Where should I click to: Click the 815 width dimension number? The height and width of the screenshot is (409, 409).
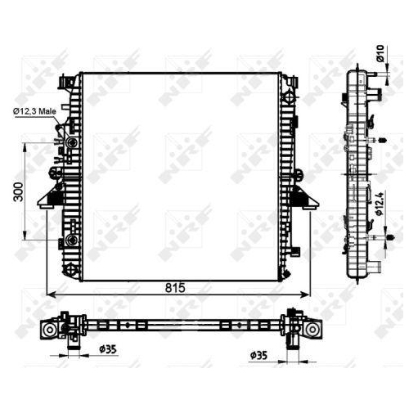click(x=175, y=288)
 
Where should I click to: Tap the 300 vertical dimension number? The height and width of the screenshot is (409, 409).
click(x=19, y=192)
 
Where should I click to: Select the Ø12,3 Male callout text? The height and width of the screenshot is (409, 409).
click(x=34, y=111)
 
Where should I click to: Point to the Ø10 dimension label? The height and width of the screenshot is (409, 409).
click(x=380, y=53)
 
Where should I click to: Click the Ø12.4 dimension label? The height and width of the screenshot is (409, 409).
click(x=380, y=204)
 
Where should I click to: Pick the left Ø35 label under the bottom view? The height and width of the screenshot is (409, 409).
click(x=108, y=349)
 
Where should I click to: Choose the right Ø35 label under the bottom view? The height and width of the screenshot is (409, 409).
click(x=258, y=355)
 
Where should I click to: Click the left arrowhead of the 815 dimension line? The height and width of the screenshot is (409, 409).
click(x=52, y=294)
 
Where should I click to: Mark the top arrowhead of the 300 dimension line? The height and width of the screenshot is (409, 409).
click(x=25, y=147)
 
